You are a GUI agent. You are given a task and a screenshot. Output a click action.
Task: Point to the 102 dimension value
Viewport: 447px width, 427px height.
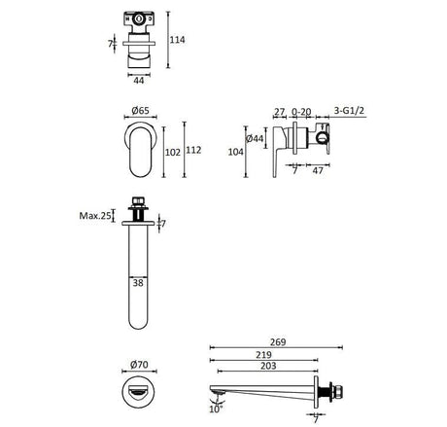pyautogui.click(x=172, y=152)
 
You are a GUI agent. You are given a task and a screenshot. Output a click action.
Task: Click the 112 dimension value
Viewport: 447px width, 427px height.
pyautogui.click(x=194, y=152)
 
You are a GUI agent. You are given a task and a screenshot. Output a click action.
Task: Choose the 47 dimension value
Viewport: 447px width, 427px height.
pyautogui.click(x=320, y=171)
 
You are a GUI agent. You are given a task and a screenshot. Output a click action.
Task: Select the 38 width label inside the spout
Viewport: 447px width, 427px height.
pyautogui.click(x=140, y=284)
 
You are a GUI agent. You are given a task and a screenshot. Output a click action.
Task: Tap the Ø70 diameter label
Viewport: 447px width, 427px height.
pyautogui.click(x=137, y=367)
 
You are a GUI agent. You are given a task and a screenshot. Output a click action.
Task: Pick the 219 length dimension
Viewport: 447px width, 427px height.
pyautogui.click(x=264, y=357)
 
